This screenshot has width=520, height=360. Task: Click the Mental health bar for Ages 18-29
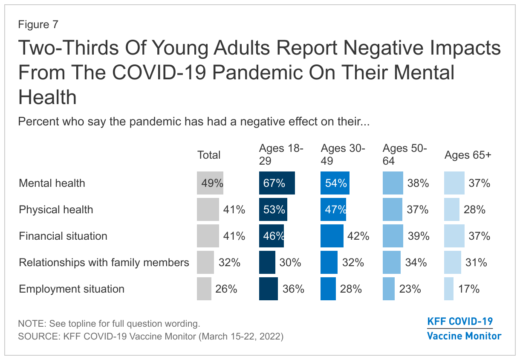coord(277,183)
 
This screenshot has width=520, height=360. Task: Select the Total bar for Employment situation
coord(204,289)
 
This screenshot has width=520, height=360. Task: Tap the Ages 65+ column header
coord(468,155)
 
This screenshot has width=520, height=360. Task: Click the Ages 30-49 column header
coord(343,154)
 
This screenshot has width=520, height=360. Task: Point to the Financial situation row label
coord(63,236)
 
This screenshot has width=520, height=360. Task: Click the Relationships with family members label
coord(104,262)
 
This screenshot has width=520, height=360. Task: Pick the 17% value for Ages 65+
coord(469,289)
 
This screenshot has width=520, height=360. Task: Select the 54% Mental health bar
coord(335,183)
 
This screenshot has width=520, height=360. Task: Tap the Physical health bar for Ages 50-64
coord(393,209)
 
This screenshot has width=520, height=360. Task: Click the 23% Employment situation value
coord(410,289)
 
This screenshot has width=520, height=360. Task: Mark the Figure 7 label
coord(38,25)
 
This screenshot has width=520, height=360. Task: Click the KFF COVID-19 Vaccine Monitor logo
coord(464,328)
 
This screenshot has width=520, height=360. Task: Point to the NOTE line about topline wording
coord(109,323)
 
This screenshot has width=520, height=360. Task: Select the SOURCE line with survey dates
coord(150,336)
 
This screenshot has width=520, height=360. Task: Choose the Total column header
coord(209,155)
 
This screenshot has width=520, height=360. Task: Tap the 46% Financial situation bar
coord(272,236)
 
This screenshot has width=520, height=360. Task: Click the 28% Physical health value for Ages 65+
coord(474,209)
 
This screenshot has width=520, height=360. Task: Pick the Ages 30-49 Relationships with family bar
coord(329,262)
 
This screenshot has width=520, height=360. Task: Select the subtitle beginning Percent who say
coord(194,122)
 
